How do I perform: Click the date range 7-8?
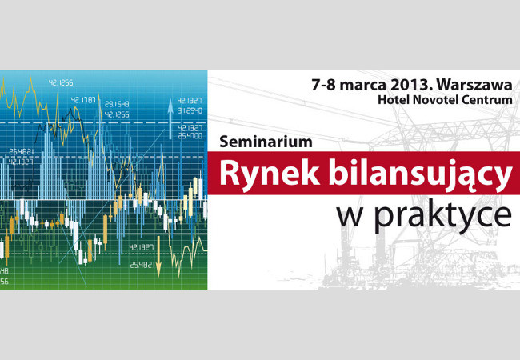point(323,85)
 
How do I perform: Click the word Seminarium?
point(266,142)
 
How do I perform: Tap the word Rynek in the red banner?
point(270,174)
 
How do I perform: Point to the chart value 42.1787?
point(83,100)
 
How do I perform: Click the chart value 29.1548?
point(117,104)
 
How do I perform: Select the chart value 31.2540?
point(190,110)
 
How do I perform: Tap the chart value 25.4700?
point(190,135)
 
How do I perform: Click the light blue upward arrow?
point(170,118)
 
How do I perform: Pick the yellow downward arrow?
point(158,256)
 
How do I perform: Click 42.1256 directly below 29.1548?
point(117,114)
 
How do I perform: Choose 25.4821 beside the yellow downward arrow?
point(142,265)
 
